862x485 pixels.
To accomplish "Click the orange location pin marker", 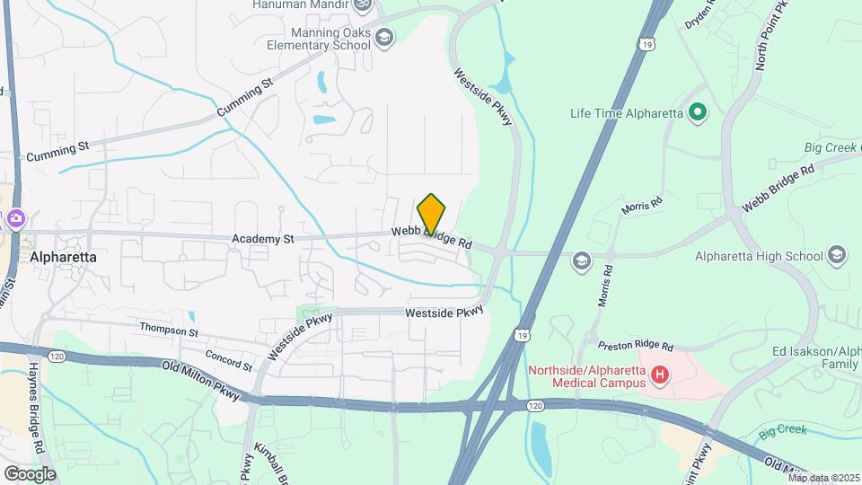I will click(432, 215).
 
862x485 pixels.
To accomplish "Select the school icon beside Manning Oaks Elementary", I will click(384, 37).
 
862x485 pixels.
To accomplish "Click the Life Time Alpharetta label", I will click(627, 113).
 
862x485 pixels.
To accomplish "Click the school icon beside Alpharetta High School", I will click(838, 255).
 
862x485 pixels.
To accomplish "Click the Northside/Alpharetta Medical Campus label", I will click(586, 376).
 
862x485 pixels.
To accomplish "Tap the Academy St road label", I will click(263, 240).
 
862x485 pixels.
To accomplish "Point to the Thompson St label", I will click(169, 331).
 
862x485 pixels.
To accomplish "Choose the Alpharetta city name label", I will click(63, 256).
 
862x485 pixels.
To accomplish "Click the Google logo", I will click(30, 473).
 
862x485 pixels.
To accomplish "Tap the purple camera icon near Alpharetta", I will click(14, 218).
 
